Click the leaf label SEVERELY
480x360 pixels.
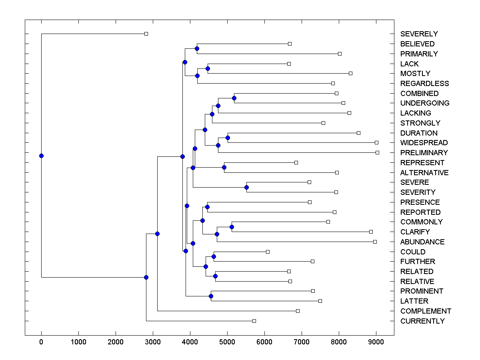pyautogui.click(x=419, y=34)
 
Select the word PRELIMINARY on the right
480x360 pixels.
pyautogui.click(x=424, y=153)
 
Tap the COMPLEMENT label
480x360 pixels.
pyautogui.click(x=426, y=311)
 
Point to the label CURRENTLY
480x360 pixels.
pyautogui.click(x=422, y=321)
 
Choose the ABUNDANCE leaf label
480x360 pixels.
pyautogui.click(x=422, y=242)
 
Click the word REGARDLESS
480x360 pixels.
pyautogui.click(x=424, y=84)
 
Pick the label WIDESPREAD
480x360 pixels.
pyautogui.click(x=424, y=143)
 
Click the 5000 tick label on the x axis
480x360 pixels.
pyautogui.click(x=227, y=342)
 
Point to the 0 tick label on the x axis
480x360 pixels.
pyautogui.click(x=41, y=342)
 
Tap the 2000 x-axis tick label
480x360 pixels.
pyautogui.click(x=116, y=342)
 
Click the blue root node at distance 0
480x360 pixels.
pyautogui.click(x=41, y=156)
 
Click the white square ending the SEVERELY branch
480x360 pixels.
pyautogui.click(x=146, y=34)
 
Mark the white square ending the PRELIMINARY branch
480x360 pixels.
pyautogui.click(x=377, y=153)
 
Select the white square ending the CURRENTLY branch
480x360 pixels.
pyautogui.click(x=254, y=321)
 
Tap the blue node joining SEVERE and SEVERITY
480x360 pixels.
pyautogui.click(x=246, y=187)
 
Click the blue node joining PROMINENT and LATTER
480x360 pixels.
pyautogui.click(x=211, y=296)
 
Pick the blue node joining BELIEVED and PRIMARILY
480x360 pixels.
pyautogui.click(x=197, y=49)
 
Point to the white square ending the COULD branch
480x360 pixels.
pyautogui.click(x=268, y=252)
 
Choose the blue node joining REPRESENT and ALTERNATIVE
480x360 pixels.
pyautogui.click(x=224, y=168)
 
